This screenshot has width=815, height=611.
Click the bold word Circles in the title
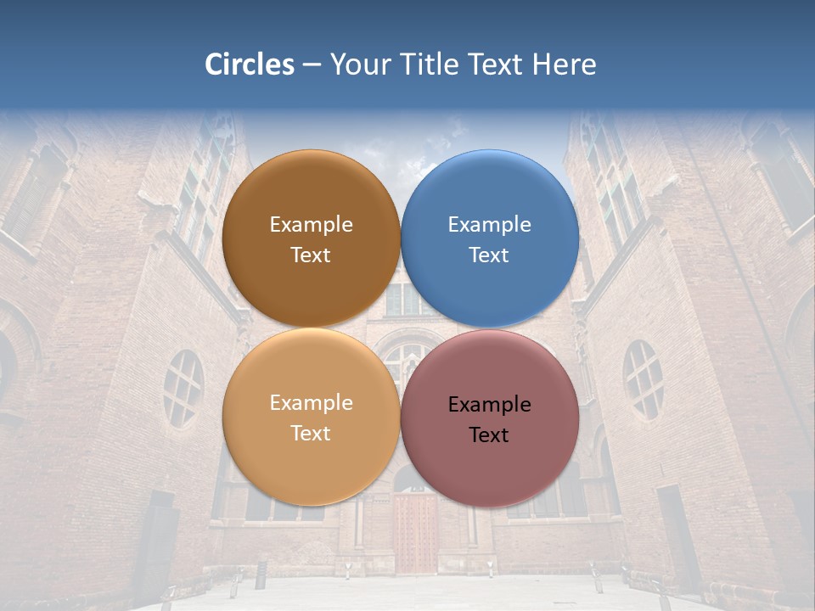(250, 64)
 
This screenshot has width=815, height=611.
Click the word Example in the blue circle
(490, 225)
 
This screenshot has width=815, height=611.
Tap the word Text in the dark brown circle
(311, 255)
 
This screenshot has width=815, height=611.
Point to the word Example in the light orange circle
(311, 403)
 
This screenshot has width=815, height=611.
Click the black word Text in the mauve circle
(489, 435)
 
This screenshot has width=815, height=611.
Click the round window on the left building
(183, 389)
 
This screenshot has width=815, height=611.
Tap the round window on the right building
(643, 379)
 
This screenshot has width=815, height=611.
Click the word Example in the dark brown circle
(311, 225)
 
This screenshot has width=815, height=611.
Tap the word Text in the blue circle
(489, 255)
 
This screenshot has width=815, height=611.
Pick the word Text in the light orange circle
(311, 434)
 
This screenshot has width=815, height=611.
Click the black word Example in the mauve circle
(490, 405)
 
